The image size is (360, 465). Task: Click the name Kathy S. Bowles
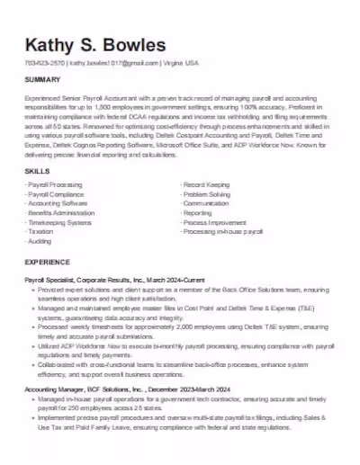(x=95, y=45)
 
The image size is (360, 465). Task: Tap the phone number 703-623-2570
(x=45, y=64)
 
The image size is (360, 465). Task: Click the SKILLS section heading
(x=37, y=145)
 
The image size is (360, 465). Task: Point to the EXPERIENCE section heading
(x=47, y=262)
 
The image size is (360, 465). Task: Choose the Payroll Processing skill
(x=56, y=159)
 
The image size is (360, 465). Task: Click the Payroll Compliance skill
(x=57, y=168)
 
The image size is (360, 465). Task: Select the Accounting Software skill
(x=58, y=178)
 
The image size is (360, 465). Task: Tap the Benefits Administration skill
(x=62, y=187)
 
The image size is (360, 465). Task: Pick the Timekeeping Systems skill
(x=60, y=197)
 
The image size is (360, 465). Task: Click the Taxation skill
(x=41, y=206)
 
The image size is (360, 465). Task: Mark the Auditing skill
(x=40, y=216)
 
